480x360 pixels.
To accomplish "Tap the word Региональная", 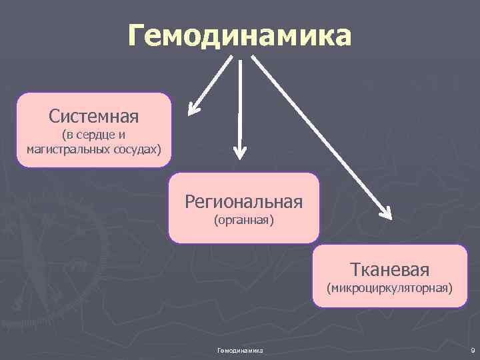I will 244,201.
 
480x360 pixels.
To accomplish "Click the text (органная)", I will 244,219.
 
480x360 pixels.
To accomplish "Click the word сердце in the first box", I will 97,135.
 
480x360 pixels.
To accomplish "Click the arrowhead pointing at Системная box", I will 195,107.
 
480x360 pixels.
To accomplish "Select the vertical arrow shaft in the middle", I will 240,100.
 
